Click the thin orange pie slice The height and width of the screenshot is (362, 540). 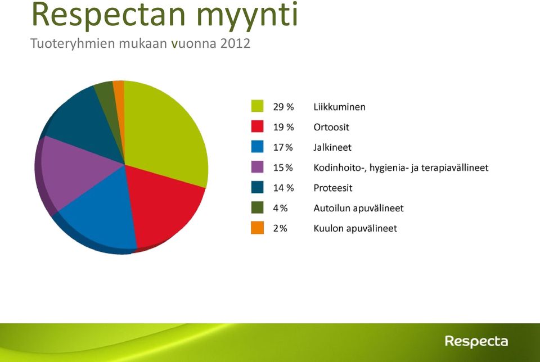tap(119, 103)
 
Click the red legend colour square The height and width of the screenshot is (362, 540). tap(257, 126)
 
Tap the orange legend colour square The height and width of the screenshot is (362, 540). tap(257, 228)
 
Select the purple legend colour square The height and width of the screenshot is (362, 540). tap(257, 167)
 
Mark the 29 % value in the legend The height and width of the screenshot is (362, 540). tap(283, 107)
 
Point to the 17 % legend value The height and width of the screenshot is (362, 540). tap(283, 148)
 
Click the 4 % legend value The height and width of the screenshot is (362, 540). tap(280, 208)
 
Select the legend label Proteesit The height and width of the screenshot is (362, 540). tap(332, 188)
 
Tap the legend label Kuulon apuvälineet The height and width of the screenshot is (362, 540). tap(355, 228)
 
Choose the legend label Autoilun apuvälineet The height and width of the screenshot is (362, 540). tap(358, 208)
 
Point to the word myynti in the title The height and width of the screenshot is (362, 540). tap(247, 16)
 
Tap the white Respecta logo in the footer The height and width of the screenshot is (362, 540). tap(476, 341)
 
